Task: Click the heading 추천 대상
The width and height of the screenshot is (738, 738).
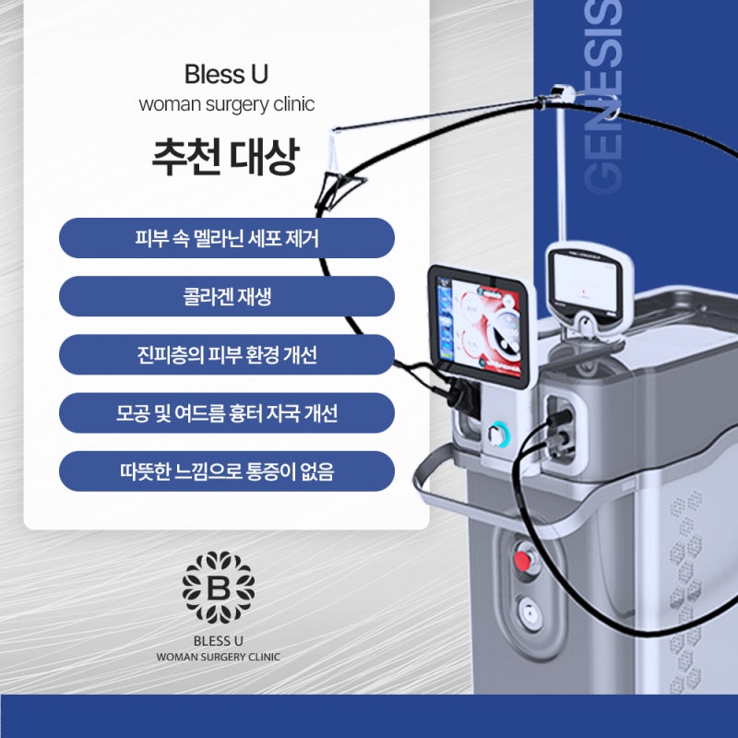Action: coord(226,156)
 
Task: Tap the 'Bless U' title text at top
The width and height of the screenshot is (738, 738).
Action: coord(226,75)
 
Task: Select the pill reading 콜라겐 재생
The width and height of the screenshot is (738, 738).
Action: coord(226,296)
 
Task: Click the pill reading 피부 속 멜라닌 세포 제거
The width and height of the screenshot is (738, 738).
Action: coord(226,238)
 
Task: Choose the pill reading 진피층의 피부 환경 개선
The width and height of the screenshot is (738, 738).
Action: coord(226,354)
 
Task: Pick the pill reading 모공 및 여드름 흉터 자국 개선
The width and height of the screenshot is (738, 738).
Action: coord(226,412)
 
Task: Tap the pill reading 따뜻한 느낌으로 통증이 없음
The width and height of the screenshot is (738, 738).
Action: coord(226,471)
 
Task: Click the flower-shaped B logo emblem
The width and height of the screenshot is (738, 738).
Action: coord(219,588)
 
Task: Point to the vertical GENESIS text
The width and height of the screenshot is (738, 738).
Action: coord(602,97)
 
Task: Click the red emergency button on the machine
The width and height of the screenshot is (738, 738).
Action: coord(522,560)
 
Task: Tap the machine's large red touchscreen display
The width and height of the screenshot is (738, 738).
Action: coord(481,327)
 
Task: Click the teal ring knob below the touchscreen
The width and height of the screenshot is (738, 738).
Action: coord(495,434)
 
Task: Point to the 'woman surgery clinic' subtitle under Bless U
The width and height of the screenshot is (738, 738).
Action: coord(226,104)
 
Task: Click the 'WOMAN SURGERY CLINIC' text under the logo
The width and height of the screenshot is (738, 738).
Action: coord(218,657)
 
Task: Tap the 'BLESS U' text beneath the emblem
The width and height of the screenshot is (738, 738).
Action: coord(219,640)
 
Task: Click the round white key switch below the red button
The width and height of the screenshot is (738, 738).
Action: coord(530,613)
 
